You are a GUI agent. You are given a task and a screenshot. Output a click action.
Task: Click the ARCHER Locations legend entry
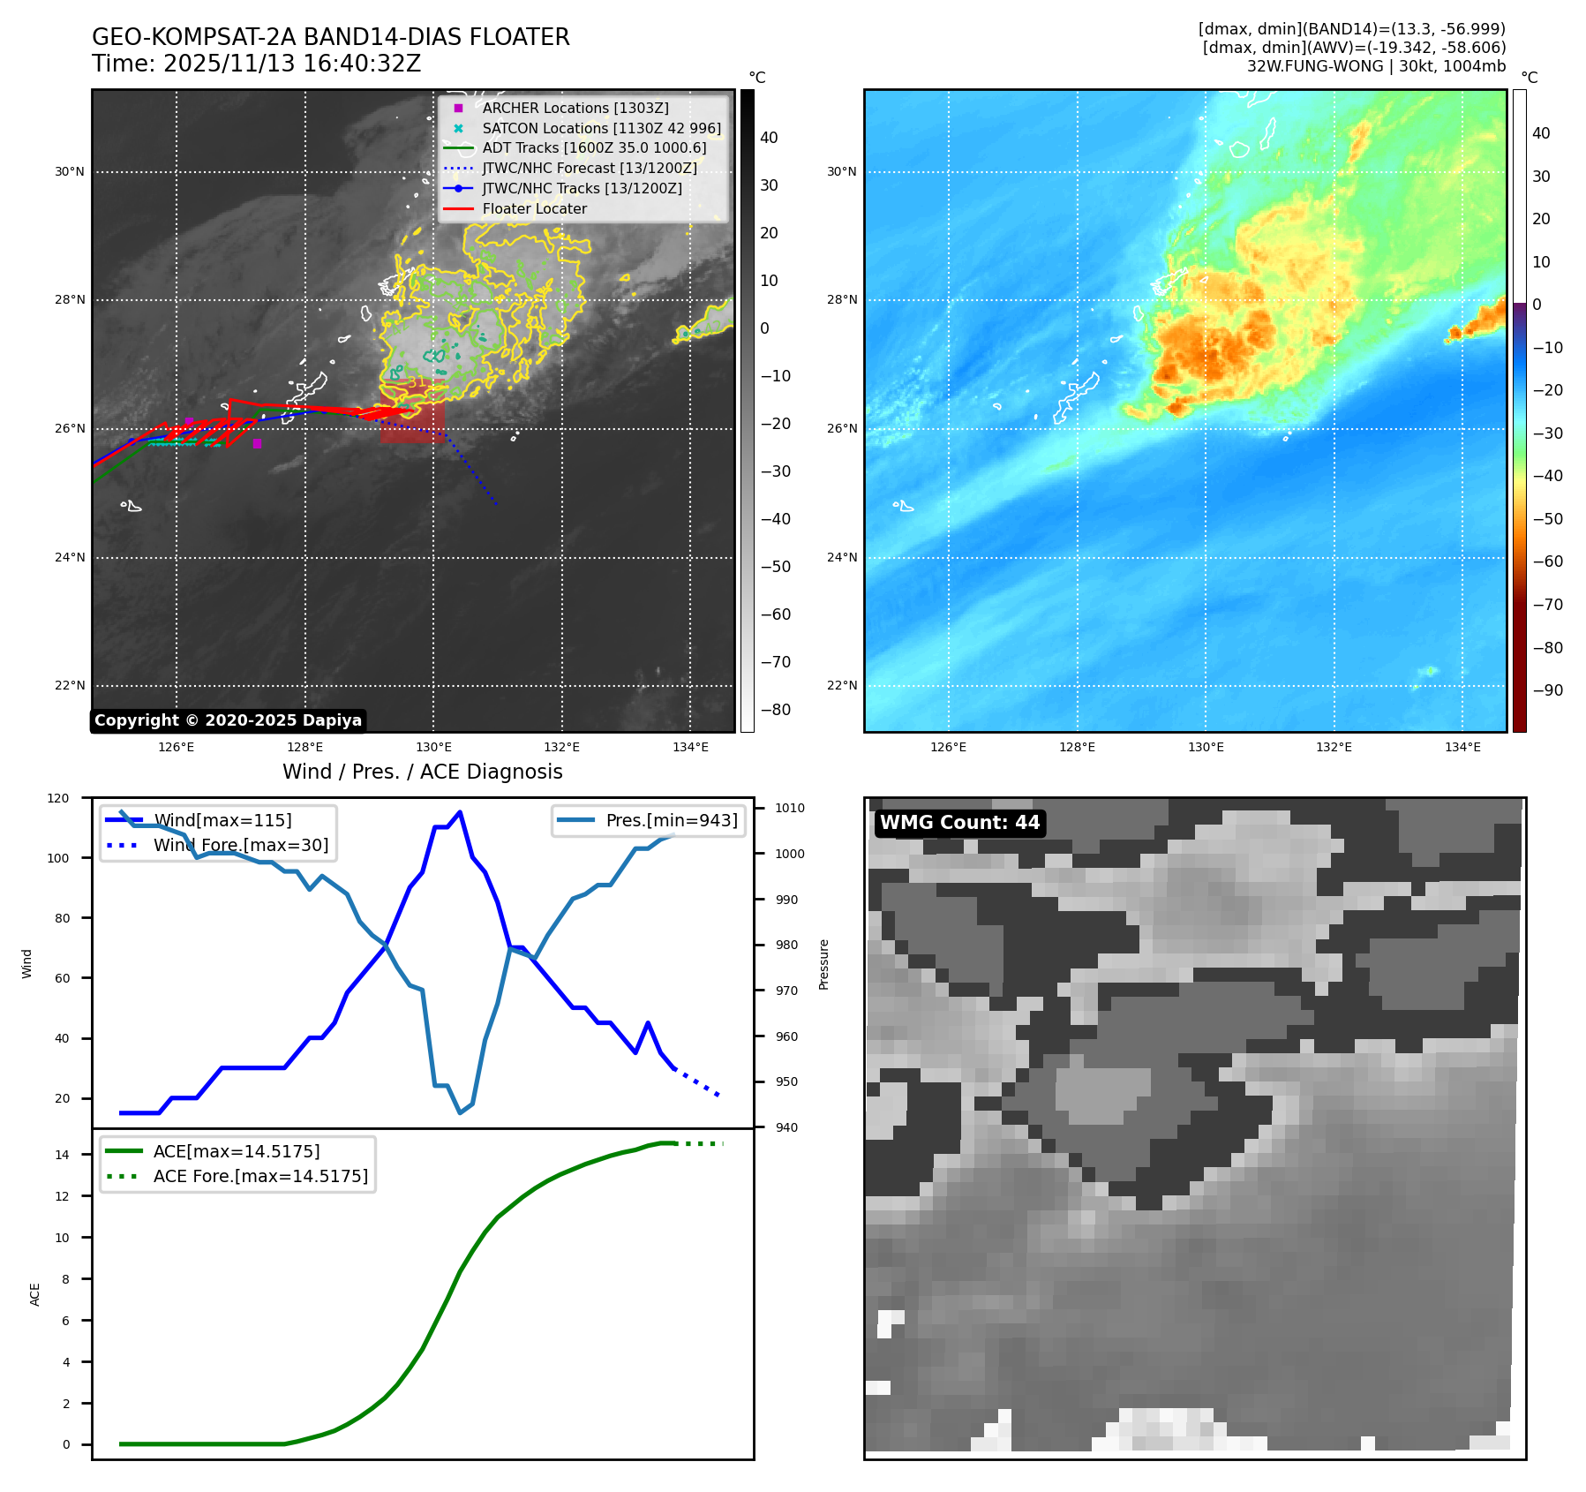tap(575, 108)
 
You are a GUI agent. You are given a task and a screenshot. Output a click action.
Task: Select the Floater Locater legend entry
tap(534, 208)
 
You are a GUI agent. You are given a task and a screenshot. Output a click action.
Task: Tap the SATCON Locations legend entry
tap(601, 128)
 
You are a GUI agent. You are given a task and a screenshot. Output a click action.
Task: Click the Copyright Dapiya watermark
tap(228, 720)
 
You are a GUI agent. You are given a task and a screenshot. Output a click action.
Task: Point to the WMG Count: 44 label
tap(959, 823)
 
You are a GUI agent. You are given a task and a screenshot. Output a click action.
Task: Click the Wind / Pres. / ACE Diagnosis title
tap(422, 772)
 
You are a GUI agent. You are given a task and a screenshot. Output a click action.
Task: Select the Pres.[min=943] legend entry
tap(671, 820)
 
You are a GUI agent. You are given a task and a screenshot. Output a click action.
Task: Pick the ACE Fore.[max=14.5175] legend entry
tap(260, 1176)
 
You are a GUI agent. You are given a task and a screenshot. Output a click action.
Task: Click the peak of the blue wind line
tap(460, 812)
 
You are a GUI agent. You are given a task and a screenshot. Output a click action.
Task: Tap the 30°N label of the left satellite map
tap(70, 172)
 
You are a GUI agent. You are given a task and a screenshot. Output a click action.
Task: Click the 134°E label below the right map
tap(1462, 748)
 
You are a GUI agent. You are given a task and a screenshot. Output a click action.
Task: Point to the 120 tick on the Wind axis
tap(58, 798)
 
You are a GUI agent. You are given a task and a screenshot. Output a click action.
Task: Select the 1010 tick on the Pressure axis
tap(790, 808)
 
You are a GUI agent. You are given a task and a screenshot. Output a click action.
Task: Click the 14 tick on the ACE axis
tap(62, 1155)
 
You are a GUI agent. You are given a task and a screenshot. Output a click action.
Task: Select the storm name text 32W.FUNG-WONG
tap(1315, 66)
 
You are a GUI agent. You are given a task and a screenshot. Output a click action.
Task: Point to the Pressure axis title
tap(823, 964)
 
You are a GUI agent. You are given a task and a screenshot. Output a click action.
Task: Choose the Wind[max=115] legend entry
tap(222, 820)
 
